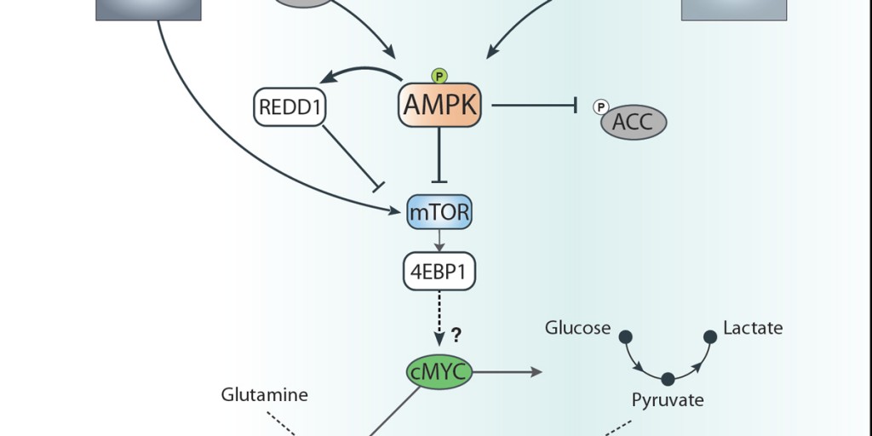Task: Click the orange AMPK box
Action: [440, 105]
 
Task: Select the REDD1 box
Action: [290, 108]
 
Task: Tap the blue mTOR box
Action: [439, 212]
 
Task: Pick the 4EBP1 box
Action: [439, 272]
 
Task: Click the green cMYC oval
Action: [439, 372]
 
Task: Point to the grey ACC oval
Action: [634, 122]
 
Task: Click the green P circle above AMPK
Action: [439, 76]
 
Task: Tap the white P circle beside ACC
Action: [601, 107]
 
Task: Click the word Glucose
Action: [578, 328]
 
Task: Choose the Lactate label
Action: [753, 328]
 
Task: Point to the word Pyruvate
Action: [668, 399]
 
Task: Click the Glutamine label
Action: [264, 394]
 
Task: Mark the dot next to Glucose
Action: [625, 336]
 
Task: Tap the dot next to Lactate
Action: [709, 336]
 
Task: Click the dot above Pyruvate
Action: [668, 378]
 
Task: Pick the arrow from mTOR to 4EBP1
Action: [439, 240]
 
